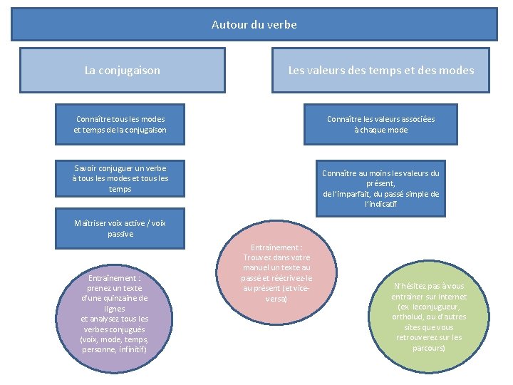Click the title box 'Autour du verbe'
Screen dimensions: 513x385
coord(254,24)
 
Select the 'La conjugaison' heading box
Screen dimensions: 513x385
coord(122,70)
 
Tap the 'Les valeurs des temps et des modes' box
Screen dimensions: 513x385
coord(380,70)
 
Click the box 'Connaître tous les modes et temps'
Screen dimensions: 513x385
coord(120,124)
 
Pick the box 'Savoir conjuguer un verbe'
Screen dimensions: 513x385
coord(120,178)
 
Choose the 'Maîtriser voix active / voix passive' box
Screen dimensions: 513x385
coord(120,228)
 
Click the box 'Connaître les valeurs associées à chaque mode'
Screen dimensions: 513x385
coord(380,124)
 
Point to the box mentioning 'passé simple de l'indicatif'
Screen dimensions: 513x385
coord(380,188)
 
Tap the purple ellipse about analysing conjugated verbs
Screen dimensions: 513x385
coord(115,314)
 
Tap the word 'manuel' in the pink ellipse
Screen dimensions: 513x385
coord(257,267)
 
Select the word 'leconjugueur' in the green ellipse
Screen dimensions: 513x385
coord(442,307)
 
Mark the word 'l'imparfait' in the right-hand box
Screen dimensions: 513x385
coord(351,194)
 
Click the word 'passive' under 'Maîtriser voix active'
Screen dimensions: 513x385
coord(120,234)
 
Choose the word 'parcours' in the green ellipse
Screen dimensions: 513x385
coord(428,348)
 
